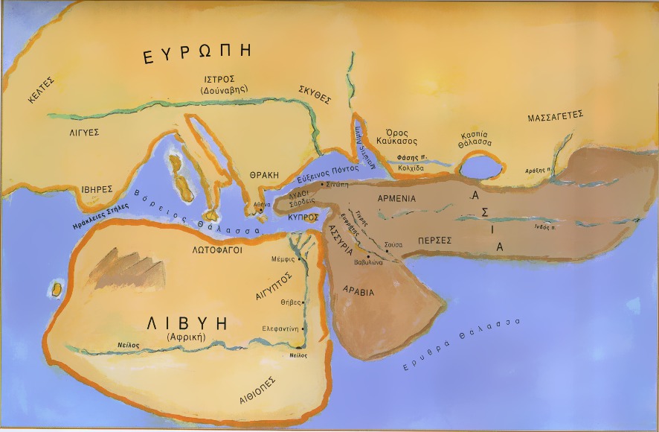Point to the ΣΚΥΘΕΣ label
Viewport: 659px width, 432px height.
click(x=315, y=98)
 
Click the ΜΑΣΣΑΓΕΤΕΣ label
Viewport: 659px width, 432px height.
click(x=554, y=117)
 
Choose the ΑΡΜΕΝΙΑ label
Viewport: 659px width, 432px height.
click(x=396, y=199)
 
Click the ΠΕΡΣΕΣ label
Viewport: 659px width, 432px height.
click(x=436, y=241)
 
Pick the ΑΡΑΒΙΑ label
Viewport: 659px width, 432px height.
click(x=358, y=292)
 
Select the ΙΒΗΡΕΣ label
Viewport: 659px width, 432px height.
click(x=97, y=189)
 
